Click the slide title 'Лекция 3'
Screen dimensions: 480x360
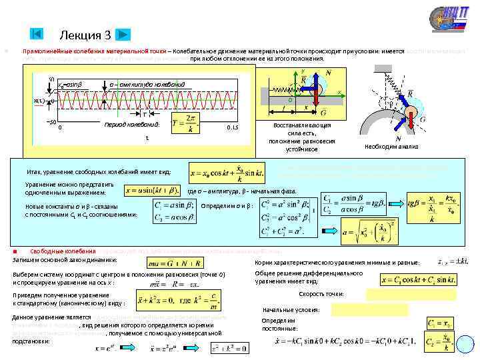85,35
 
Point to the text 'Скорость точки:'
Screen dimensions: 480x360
322,293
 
